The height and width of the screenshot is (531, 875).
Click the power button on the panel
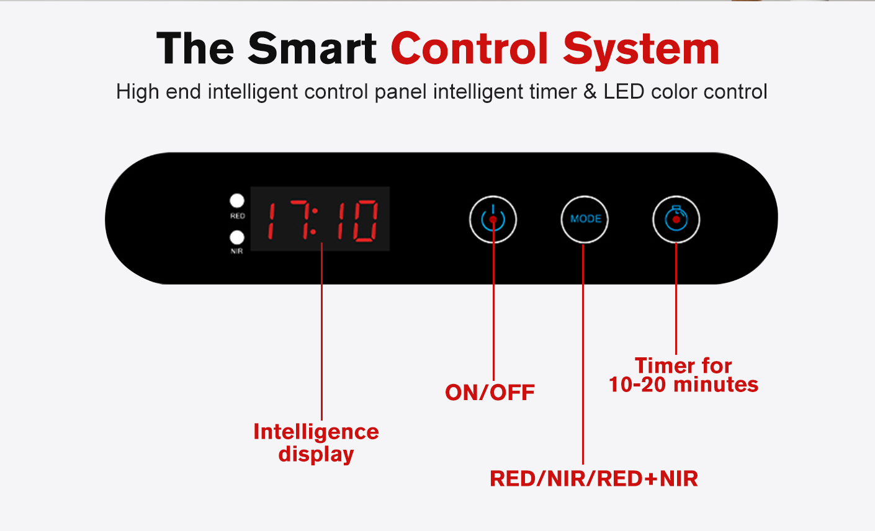tap(493, 220)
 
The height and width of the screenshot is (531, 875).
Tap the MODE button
tap(585, 219)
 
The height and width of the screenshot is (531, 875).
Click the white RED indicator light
tap(236, 201)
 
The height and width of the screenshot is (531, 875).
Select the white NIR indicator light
tap(236, 238)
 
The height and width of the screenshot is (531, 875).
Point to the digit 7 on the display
tap(300, 220)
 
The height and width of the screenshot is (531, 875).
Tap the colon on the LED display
tap(313, 221)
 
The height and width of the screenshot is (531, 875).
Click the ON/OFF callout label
tap(490, 393)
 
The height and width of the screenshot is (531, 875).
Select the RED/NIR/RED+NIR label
tap(594, 479)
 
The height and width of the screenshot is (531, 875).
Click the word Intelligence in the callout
tap(316, 432)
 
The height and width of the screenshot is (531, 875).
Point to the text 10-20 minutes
tap(684, 385)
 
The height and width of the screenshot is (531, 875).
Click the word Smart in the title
tap(313, 48)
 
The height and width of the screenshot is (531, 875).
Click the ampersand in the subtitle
tap(590, 92)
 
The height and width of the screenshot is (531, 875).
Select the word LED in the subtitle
tap(624, 92)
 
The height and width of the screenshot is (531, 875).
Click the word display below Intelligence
tap(316, 455)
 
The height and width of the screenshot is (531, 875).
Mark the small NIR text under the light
tap(236, 251)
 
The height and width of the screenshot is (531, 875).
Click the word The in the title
tap(195, 48)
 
